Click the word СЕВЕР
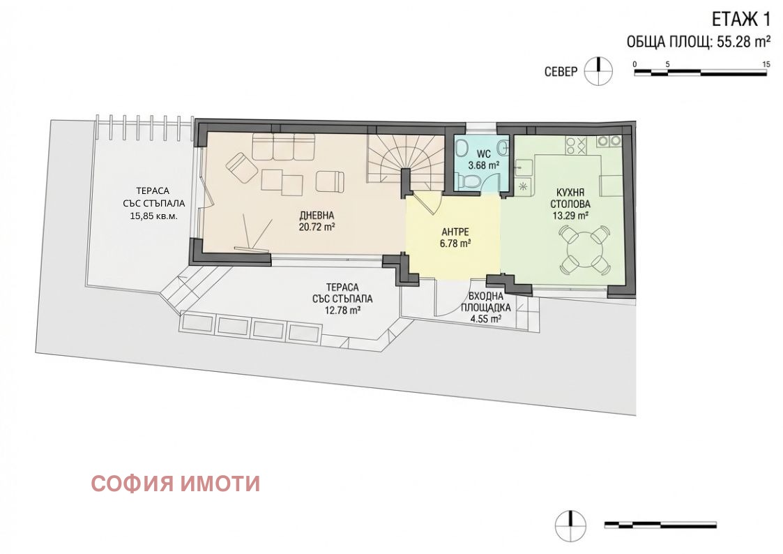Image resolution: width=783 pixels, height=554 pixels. (561, 72)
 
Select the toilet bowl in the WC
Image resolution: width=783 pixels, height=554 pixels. (471, 182)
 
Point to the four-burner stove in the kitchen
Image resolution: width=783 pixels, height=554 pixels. (576, 145)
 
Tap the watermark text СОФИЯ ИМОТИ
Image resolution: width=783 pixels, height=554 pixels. (175, 483)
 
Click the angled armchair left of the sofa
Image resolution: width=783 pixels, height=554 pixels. (242, 169)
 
